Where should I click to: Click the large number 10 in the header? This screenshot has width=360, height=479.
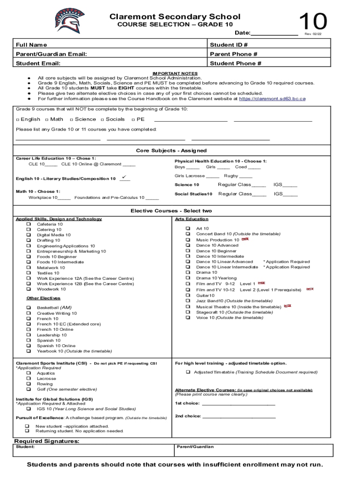point(313,22)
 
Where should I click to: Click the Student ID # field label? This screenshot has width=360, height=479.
point(229,45)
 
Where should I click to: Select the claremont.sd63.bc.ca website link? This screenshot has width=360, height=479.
point(272,99)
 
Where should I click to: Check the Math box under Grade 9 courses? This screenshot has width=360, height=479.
point(47,119)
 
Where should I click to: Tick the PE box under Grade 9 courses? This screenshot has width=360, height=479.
point(133,119)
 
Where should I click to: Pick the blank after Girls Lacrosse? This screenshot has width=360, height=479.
point(213,176)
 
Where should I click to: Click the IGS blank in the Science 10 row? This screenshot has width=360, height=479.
point(290,185)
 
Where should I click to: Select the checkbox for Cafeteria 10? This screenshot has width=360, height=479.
point(29,225)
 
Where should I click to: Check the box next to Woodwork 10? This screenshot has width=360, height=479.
point(29,289)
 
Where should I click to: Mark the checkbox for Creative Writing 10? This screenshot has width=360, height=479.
point(29,313)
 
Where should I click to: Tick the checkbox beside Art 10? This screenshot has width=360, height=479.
point(188,229)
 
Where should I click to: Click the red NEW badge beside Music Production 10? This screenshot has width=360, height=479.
point(245,239)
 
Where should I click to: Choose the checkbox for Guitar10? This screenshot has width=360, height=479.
point(188,296)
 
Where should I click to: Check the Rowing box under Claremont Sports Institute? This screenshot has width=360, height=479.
point(29,384)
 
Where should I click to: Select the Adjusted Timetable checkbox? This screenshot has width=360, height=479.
point(188,372)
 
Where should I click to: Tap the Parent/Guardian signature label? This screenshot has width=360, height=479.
point(195,447)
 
